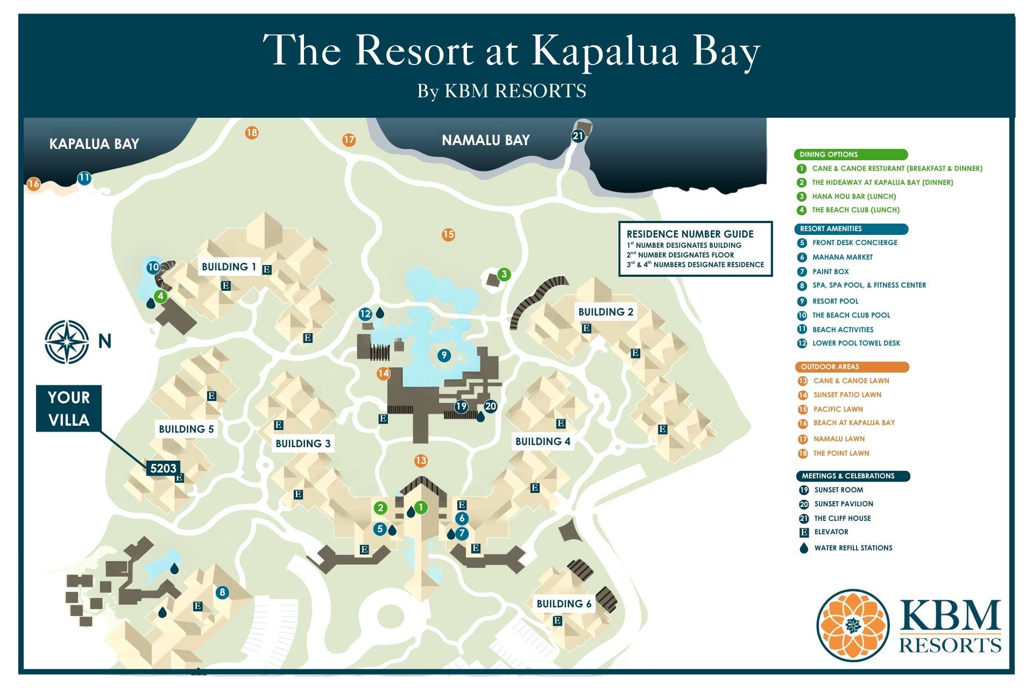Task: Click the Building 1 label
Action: coord(229,267)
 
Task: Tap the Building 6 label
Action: coord(563,604)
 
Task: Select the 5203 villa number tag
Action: coord(163,468)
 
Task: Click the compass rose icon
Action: coord(67,342)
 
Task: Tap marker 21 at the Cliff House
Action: coord(578,136)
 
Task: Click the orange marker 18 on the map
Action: coord(252,132)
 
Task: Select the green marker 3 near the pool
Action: coord(504,275)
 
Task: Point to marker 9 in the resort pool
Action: coord(443,355)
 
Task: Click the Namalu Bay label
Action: coord(485,140)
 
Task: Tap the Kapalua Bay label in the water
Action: coord(94,144)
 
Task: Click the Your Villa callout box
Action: coord(69,408)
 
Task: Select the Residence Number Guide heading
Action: coord(690,234)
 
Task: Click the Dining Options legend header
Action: coord(850,155)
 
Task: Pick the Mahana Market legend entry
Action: coord(842,257)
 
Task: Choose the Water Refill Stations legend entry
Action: coord(853,548)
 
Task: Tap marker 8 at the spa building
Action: coord(222,593)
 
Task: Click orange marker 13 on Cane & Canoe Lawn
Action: coord(421,461)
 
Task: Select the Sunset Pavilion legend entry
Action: coord(843,504)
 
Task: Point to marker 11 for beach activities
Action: coord(84,178)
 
